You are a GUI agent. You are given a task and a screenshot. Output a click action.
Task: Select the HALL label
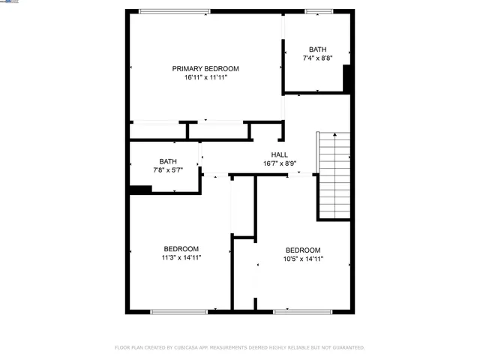[x=280, y=154]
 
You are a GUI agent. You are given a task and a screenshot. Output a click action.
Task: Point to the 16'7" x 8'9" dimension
[x=280, y=163]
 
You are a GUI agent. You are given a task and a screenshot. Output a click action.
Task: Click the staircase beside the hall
[x=334, y=176]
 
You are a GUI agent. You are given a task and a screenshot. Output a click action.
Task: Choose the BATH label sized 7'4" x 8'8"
[x=317, y=49]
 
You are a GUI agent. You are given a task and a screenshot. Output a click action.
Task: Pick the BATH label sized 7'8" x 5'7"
[x=168, y=161]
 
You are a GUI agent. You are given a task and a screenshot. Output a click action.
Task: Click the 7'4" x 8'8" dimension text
[x=317, y=58]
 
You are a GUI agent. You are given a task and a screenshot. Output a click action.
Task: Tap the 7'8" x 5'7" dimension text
[x=168, y=170]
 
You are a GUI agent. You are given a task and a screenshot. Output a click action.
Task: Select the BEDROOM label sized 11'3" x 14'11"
[x=181, y=249]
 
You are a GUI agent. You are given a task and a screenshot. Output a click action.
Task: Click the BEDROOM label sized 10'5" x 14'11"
[x=303, y=250]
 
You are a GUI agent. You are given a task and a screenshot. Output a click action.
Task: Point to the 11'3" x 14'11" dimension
[x=181, y=258]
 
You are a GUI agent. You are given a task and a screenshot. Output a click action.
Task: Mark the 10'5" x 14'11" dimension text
[x=303, y=259]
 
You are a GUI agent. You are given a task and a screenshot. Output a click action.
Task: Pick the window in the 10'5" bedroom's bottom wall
[x=303, y=311]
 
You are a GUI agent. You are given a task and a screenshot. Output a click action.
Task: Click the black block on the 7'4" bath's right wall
[x=348, y=78]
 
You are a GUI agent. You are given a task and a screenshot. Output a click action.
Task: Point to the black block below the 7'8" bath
[x=139, y=190]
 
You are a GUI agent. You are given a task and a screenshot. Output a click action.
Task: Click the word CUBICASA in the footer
[x=188, y=348]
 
